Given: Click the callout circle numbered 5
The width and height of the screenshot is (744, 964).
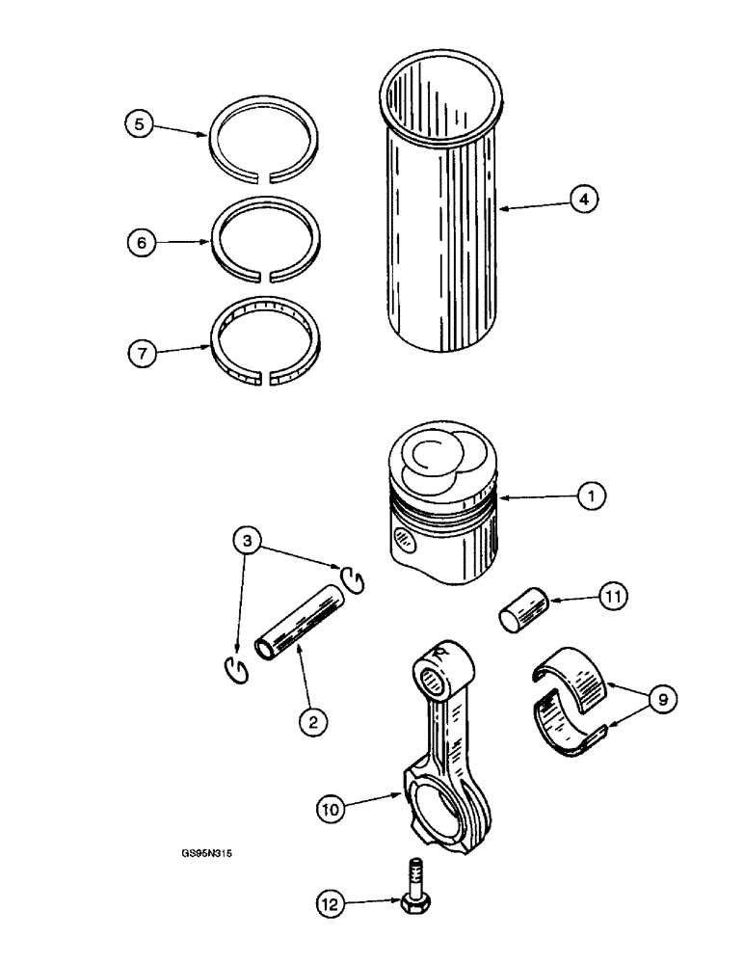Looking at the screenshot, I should coord(140,124).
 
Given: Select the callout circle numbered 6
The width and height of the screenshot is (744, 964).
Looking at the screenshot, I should coord(140,244).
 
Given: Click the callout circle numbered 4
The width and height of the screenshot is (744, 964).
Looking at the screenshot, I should coord(583,200).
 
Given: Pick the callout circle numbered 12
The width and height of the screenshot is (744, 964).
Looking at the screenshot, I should coord(331,904).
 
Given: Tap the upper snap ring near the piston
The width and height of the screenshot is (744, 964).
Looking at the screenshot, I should coord(354,578).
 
